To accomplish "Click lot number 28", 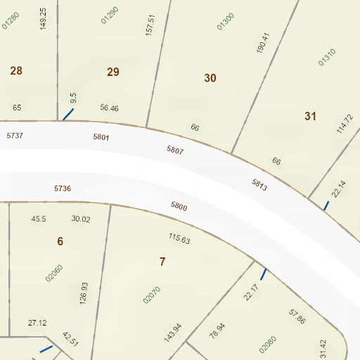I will pyautogui.click(x=16, y=70).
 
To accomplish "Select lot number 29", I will pyautogui.click(x=113, y=71).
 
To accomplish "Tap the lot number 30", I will pyautogui.click(x=210, y=78).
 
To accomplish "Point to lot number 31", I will pyautogui.click(x=311, y=116).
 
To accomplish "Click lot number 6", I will pyautogui.click(x=60, y=241).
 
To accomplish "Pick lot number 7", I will pyautogui.click(x=162, y=262).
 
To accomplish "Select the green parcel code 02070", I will pyautogui.click(x=152, y=295).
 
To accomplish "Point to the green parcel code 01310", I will pyautogui.click(x=328, y=57).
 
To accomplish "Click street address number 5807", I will pyautogui.click(x=175, y=150).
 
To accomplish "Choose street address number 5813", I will pyautogui.click(x=259, y=185).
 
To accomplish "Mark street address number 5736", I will pyautogui.click(x=63, y=188).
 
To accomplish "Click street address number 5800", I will pyautogui.click(x=179, y=207).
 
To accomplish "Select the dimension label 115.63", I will pyautogui.click(x=179, y=239).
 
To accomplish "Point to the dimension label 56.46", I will pyautogui.click(x=109, y=108).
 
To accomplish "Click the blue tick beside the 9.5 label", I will pyautogui.click(x=68, y=114).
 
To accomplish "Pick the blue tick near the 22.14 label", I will pyautogui.click(x=326, y=205).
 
